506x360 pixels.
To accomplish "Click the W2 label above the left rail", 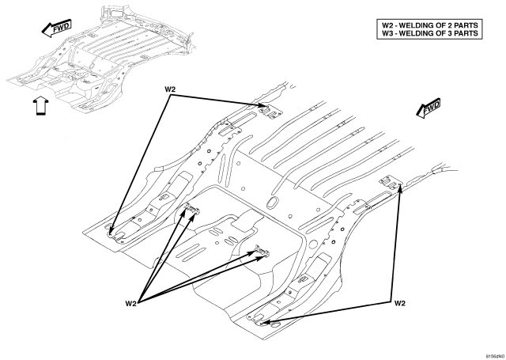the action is [x=170, y=89].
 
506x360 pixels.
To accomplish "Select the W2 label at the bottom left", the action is [x=130, y=303].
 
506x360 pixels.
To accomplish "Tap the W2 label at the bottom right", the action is [x=399, y=303].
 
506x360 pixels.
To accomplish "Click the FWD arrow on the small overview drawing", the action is [x=56, y=28].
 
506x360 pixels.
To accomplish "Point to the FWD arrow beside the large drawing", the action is [x=428, y=108].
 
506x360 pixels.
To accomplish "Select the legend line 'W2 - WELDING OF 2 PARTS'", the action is [x=429, y=25].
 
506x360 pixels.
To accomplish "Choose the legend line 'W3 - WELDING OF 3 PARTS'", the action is [x=429, y=33].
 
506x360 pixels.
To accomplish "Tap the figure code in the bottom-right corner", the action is [x=495, y=356].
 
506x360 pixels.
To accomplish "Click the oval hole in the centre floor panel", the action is [x=272, y=202].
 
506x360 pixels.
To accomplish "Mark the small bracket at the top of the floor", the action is [x=270, y=111].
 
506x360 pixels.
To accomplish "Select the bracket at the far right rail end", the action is [x=391, y=183].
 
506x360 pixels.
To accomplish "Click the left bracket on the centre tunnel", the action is [x=192, y=208].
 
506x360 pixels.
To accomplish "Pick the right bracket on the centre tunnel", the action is [x=262, y=251].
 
